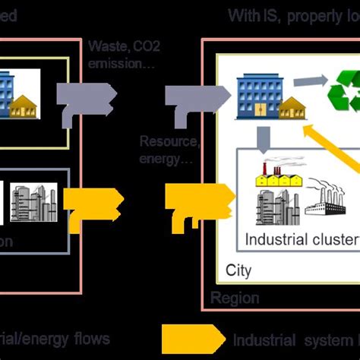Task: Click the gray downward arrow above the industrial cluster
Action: pos(262,139)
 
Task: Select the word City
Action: pos(238,270)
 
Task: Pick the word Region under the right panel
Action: pos(235,298)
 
